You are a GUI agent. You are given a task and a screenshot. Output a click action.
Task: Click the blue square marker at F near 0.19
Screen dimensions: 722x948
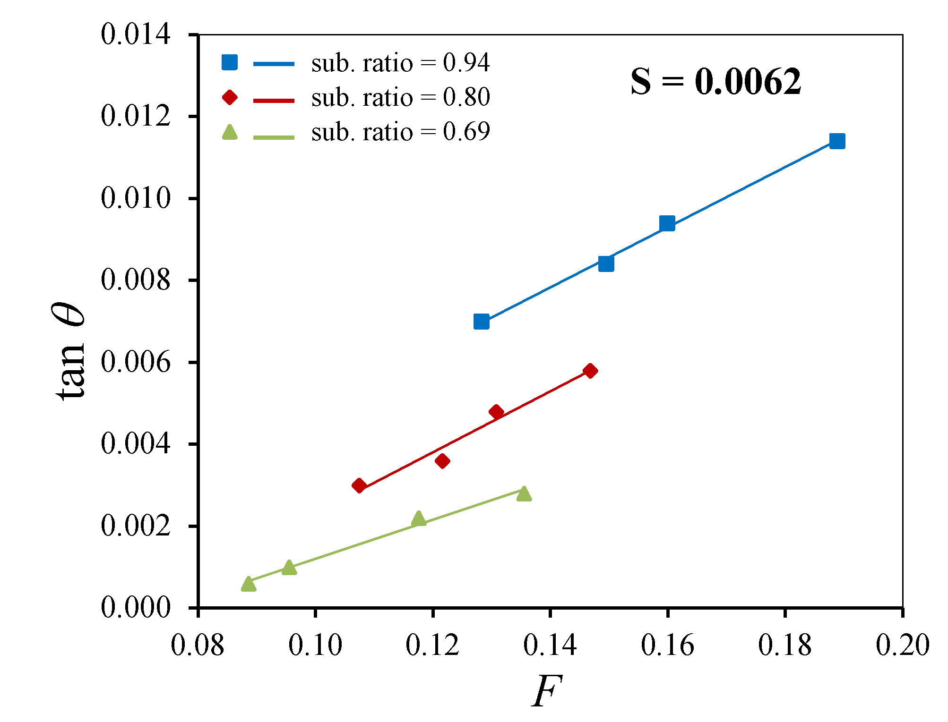point(837,141)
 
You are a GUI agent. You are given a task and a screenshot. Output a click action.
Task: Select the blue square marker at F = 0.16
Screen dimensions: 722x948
point(667,223)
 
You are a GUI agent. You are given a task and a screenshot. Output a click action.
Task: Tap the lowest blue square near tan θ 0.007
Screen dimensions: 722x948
point(481,322)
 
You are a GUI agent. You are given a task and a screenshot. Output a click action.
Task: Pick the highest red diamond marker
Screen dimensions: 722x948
point(590,371)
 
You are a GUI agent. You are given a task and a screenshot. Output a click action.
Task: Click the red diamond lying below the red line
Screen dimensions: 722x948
point(442,461)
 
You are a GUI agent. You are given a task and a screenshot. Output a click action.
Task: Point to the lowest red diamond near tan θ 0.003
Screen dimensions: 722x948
point(359,485)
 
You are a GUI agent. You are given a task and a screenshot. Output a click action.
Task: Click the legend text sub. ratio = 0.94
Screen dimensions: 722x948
point(400,63)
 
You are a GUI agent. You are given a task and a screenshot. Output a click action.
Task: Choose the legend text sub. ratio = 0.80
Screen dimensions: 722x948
point(400,98)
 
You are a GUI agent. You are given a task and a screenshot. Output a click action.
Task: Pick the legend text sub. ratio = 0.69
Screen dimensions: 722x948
point(400,132)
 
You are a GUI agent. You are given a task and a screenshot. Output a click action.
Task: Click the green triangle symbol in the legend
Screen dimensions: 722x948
point(230,133)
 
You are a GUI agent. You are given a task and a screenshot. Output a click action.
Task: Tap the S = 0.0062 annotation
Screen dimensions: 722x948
point(715,82)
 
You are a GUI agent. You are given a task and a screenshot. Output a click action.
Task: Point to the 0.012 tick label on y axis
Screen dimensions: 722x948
point(135,116)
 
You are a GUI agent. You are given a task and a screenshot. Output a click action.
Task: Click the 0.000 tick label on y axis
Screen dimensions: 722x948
point(135,607)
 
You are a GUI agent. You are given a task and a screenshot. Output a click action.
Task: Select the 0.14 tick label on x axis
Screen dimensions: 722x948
point(550,646)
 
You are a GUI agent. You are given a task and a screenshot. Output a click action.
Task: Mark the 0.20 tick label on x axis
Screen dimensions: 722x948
point(902,646)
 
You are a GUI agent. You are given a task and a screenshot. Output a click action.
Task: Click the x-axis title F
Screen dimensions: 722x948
point(547,691)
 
